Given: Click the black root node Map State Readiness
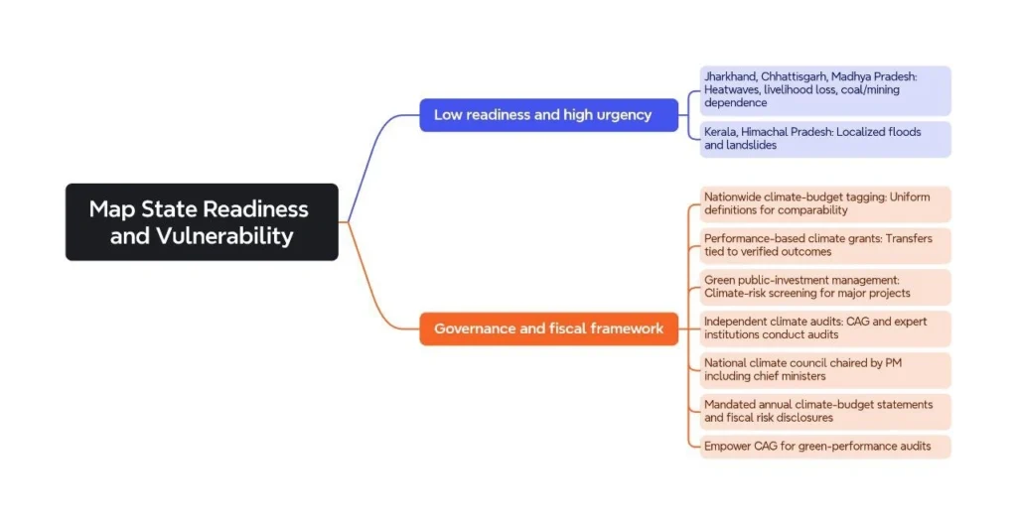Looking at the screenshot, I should point(202,221).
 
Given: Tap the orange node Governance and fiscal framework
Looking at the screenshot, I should point(548,328).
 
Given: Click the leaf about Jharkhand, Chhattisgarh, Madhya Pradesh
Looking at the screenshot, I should point(824,89).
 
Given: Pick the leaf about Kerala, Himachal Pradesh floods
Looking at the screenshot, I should point(824,139).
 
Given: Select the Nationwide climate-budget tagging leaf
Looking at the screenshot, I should point(824,203).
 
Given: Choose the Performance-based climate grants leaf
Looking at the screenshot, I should point(824,245).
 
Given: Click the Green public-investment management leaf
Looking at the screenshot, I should point(824,287).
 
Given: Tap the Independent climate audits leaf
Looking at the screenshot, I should point(824,328).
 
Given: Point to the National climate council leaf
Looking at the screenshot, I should point(824,370).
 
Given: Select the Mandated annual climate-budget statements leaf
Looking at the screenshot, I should point(824,412).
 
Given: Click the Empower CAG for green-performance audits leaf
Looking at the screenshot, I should point(824,447).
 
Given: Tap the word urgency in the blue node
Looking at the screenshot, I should point(622,115).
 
